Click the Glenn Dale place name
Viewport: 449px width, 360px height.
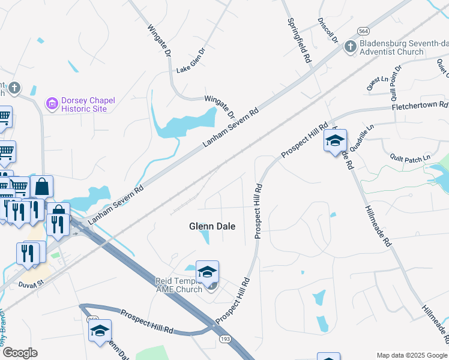pos(212,226)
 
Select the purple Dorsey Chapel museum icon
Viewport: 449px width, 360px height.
pos(52,104)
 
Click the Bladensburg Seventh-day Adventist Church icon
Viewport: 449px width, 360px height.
pos(351,46)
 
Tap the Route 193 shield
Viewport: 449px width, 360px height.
pos(225,339)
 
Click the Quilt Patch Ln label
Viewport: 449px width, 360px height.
pos(411,158)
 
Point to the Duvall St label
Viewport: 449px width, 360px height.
pos(32,284)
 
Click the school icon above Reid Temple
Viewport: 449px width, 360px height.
pos(207,272)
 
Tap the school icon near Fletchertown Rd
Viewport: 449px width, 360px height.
pos(335,141)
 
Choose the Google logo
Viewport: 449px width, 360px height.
pos(20,353)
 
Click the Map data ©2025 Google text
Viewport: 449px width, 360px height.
pos(412,355)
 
